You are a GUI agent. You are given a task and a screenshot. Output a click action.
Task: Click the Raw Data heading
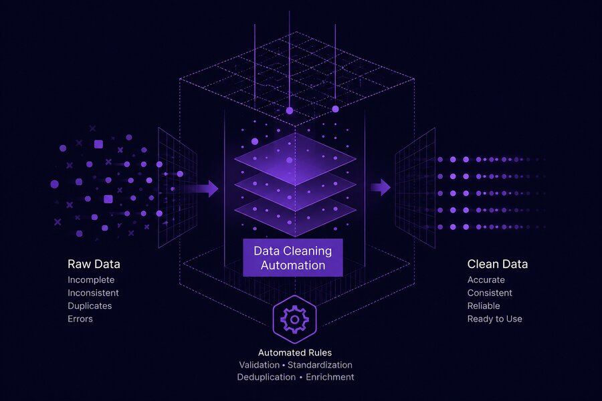(x=94, y=264)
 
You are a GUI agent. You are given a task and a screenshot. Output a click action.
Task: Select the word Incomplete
(x=91, y=280)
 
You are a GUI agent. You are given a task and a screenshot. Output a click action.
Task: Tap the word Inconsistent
(x=93, y=293)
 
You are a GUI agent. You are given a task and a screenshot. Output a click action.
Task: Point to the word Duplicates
(x=90, y=306)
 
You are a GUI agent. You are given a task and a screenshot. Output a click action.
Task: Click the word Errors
(x=80, y=319)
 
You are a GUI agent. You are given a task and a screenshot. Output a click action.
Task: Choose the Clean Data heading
(x=498, y=264)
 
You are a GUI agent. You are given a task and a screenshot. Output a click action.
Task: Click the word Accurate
(x=486, y=280)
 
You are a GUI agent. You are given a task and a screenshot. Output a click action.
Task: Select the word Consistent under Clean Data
(x=490, y=293)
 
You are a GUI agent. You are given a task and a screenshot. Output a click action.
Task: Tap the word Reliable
(x=484, y=306)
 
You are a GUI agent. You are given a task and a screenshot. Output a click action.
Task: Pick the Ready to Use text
(x=495, y=319)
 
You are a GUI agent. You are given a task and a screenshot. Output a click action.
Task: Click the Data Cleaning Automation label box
(x=293, y=257)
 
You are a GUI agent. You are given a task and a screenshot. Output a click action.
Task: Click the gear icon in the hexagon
(x=294, y=319)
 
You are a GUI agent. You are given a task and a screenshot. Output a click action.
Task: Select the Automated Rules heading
(x=295, y=353)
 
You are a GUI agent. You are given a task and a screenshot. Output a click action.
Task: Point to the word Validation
(x=260, y=365)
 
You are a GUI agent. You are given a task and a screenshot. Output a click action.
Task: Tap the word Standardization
(x=320, y=365)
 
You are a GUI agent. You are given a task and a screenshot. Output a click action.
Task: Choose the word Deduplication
(x=266, y=377)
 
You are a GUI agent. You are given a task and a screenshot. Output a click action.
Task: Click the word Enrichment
(x=330, y=377)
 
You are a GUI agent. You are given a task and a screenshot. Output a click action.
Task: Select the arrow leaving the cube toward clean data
(x=381, y=187)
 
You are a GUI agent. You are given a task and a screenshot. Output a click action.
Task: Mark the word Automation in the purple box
(x=293, y=265)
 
